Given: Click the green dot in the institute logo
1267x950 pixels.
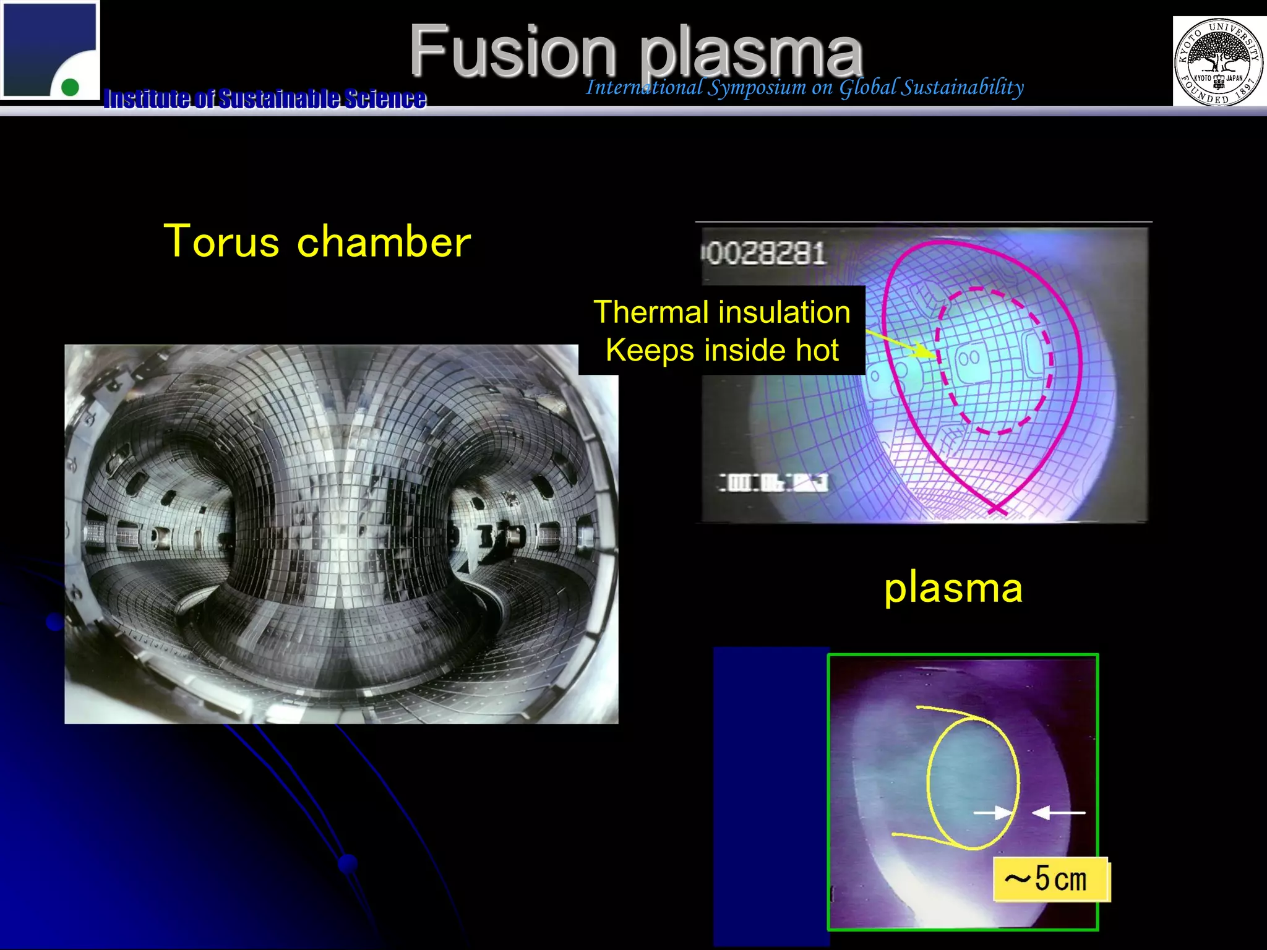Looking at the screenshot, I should point(71,87).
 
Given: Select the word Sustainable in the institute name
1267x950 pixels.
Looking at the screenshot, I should point(278,99).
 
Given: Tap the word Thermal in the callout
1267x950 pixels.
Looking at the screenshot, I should point(650,312).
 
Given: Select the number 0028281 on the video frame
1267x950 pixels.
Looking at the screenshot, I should point(765,254).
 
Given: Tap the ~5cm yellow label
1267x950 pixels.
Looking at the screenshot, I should point(1050,878).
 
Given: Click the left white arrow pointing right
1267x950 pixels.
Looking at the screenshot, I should point(992,812).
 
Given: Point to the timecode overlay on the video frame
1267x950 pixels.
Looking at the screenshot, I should point(773,482).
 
